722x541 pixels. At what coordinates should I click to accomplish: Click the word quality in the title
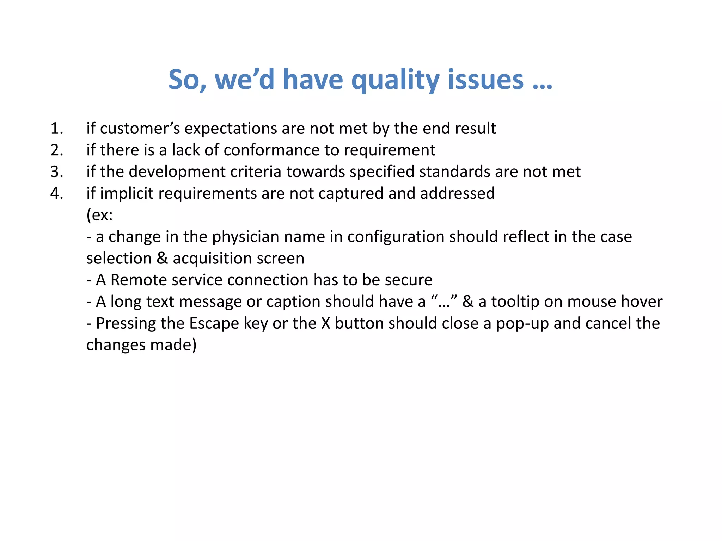point(395,80)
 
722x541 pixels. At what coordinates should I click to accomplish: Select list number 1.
point(56,129)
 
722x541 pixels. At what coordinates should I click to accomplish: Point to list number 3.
point(56,172)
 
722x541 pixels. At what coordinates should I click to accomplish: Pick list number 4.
point(56,193)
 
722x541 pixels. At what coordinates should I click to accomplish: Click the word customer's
point(140,129)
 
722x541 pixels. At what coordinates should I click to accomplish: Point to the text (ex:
point(99,215)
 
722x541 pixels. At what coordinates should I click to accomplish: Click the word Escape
point(214,323)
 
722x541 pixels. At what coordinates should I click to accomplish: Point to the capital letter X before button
point(325,323)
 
